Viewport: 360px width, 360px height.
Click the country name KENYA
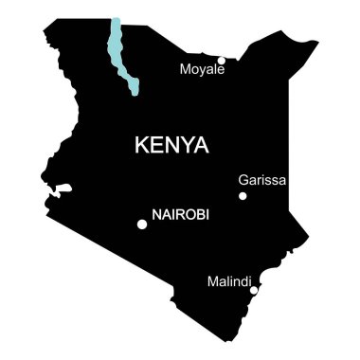(x=171, y=146)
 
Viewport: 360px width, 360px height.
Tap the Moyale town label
(x=202, y=69)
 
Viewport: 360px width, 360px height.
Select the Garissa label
(x=262, y=179)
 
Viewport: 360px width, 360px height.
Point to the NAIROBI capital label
(x=180, y=216)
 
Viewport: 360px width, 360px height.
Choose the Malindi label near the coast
(x=228, y=281)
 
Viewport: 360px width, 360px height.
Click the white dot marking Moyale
(x=222, y=61)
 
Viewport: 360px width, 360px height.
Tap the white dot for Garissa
(x=243, y=196)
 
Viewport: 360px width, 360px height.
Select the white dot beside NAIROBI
(x=142, y=225)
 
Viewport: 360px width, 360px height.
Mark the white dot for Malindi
(x=253, y=290)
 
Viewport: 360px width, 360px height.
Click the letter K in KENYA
(x=143, y=146)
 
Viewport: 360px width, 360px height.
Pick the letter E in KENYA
(x=158, y=146)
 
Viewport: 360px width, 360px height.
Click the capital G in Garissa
(x=244, y=179)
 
